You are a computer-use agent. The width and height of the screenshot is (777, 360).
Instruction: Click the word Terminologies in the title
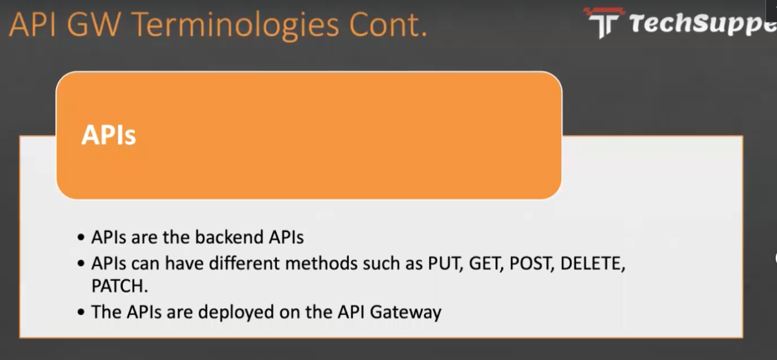pyautogui.click(x=235, y=26)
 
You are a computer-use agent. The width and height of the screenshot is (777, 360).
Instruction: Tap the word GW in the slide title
pyautogui.click(x=94, y=24)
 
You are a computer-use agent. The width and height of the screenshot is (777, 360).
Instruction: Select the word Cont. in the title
pyautogui.click(x=388, y=24)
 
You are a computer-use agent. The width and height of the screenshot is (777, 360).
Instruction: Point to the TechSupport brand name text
pyautogui.click(x=703, y=24)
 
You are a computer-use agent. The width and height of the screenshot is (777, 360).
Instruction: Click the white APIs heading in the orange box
pyautogui.click(x=109, y=135)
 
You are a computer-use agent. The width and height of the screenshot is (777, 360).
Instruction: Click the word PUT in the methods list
pyautogui.click(x=445, y=264)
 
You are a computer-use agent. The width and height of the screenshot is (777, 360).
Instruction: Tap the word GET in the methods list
pyautogui.click(x=486, y=264)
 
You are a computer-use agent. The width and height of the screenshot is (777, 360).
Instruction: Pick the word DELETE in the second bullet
pyautogui.click(x=593, y=264)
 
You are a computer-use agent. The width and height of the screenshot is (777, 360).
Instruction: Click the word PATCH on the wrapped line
pyautogui.click(x=120, y=286)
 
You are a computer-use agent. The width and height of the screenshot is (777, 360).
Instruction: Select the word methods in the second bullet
pyautogui.click(x=321, y=264)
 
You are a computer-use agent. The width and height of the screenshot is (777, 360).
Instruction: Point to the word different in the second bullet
pyautogui.click(x=245, y=264)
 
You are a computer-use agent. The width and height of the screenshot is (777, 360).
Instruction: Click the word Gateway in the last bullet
pyautogui.click(x=406, y=312)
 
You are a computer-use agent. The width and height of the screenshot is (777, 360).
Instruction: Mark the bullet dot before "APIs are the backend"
pyautogui.click(x=81, y=238)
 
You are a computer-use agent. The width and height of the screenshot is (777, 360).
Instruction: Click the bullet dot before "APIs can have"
pyautogui.click(x=81, y=264)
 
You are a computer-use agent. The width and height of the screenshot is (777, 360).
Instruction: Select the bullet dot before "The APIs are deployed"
pyautogui.click(x=81, y=312)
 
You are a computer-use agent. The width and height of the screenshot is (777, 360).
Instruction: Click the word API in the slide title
pyautogui.click(x=32, y=24)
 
